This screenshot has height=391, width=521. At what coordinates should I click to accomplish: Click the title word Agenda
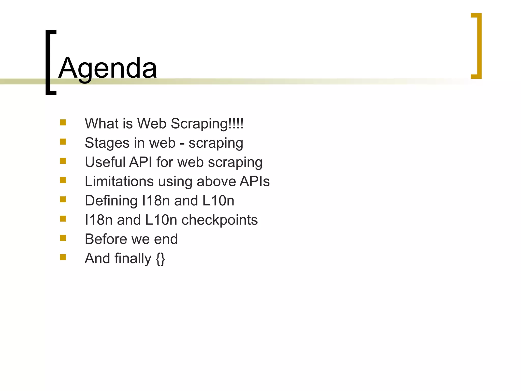point(107,68)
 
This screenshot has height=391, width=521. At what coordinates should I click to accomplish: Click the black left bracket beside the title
point(48,62)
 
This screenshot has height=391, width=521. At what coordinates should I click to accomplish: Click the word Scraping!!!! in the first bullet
point(207,124)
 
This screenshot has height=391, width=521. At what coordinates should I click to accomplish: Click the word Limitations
point(119,181)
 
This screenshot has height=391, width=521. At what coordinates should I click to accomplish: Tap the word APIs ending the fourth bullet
point(254,181)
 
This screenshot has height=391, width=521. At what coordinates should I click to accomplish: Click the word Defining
point(111,201)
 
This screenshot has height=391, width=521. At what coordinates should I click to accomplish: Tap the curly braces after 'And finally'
point(160,259)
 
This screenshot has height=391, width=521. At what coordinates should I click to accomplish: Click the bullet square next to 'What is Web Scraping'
point(63,123)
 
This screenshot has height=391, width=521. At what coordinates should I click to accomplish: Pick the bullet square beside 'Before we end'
point(63,238)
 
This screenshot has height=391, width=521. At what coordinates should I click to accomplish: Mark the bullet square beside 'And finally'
point(63,257)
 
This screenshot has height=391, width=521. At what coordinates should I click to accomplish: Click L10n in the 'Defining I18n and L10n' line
point(218,201)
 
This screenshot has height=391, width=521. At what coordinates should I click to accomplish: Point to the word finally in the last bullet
point(133,259)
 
